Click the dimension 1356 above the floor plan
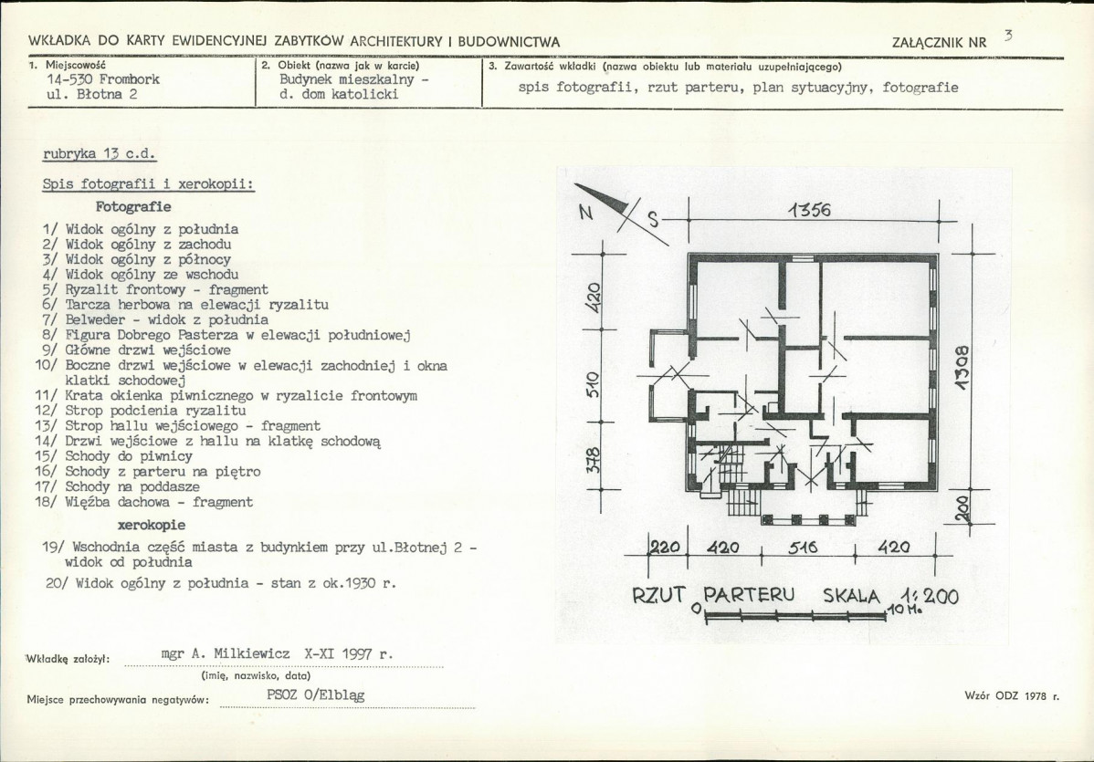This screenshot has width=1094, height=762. (809, 210)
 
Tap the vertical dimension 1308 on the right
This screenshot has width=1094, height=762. (963, 368)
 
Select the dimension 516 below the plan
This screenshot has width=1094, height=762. (803, 548)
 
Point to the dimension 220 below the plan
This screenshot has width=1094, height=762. (665, 548)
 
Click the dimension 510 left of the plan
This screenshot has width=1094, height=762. (593, 385)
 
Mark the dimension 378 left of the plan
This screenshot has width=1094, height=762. (593, 460)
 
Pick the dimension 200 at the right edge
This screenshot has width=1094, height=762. (961, 506)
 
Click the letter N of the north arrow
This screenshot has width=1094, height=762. (586, 214)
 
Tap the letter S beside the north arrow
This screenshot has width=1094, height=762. (653, 220)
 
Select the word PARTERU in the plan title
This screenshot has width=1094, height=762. (749, 595)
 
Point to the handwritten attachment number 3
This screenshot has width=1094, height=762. (1008, 36)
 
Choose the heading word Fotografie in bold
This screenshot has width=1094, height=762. (133, 207)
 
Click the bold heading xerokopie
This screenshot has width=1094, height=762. (152, 525)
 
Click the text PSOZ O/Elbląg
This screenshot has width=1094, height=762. (315, 695)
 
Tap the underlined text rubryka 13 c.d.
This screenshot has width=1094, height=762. (100, 154)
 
